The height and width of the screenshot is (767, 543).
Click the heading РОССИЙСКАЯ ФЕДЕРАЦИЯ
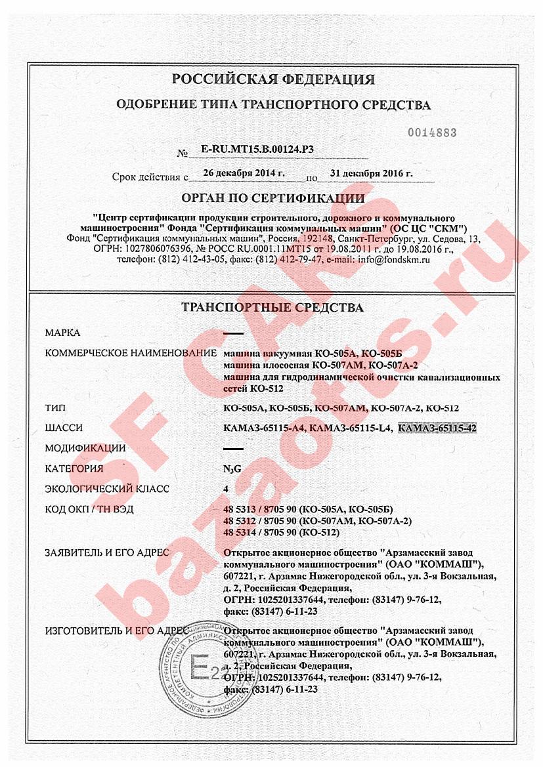(x=273, y=79)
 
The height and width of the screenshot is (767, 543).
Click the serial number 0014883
(x=432, y=133)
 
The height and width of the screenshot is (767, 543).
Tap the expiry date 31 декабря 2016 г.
(x=372, y=173)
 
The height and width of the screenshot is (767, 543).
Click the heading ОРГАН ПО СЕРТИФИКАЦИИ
(x=273, y=197)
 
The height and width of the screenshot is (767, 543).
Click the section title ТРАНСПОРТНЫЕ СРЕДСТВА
(x=272, y=307)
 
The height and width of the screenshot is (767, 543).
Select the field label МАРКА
(x=62, y=333)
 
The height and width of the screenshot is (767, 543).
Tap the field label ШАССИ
(x=64, y=428)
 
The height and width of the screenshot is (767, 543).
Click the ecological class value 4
(x=227, y=489)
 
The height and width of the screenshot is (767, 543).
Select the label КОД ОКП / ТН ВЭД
(x=98, y=510)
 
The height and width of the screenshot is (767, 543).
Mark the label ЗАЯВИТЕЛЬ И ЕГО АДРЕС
(x=106, y=552)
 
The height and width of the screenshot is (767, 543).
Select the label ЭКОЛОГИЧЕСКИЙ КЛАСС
(x=107, y=489)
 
